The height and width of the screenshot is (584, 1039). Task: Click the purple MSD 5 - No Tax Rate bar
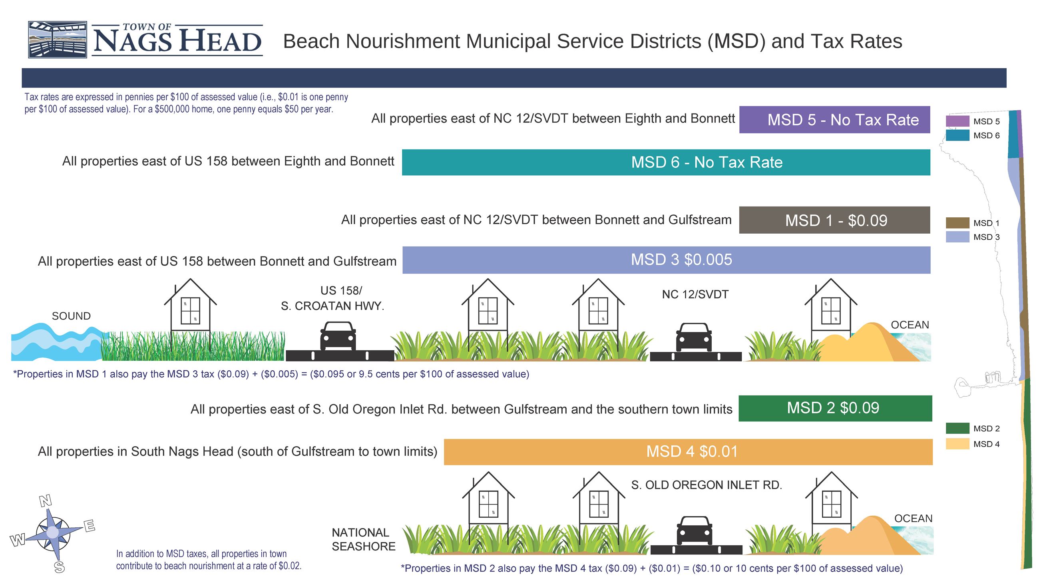[x=834, y=120]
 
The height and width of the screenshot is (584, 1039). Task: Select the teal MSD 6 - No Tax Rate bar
[x=666, y=163]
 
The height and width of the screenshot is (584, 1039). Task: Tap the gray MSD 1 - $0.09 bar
[x=834, y=220]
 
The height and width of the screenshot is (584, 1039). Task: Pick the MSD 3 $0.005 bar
[x=666, y=260]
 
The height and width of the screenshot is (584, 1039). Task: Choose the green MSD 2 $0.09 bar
[x=835, y=408]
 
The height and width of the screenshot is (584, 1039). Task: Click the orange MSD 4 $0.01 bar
[x=688, y=452]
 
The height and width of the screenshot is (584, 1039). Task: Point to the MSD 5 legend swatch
[x=957, y=121]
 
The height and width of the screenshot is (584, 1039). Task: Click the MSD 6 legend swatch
[x=957, y=135]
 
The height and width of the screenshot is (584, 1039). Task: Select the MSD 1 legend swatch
[x=957, y=223]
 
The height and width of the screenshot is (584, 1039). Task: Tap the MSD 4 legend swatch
[x=957, y=444]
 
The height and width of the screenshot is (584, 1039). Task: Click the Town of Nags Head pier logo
[x=57, y=40]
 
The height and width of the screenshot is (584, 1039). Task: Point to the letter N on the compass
[x=46, y=501]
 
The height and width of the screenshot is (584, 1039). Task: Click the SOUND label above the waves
[x=71, y=316]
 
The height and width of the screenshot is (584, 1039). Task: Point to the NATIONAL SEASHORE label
[x=363, y=539]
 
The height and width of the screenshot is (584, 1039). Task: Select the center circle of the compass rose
[x=52, y=532]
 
